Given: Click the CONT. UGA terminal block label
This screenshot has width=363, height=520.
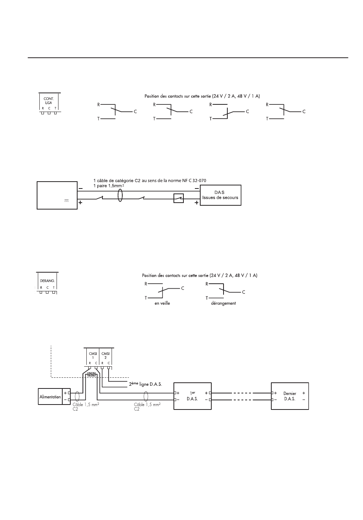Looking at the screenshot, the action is pyautogui.click(x=49, y=101).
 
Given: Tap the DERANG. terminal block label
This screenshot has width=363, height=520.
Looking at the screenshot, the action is pyautogui.click(x=47, y=281).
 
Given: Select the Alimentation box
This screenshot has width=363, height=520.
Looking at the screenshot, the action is pyautogui.click(x=50, y=396).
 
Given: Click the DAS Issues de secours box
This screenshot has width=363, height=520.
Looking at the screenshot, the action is pyautogui.click(x=220, y=195).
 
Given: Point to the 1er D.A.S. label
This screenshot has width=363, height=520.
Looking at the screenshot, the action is pyautogui.click(x=192, y=396).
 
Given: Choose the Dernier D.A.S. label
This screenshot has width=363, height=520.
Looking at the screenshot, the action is pyautogui.click(x=290, y=396).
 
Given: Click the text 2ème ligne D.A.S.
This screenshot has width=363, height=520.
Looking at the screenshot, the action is pyautogui.click(x=146, y=384).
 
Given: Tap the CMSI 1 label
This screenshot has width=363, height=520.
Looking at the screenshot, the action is pyautogui.click(x=93, y=356).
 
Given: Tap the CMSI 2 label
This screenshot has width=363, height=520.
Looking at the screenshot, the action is pyautogui.click(x=105, y=356).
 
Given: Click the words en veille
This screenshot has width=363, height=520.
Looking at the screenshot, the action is pyautogui.click(x=162, y=303).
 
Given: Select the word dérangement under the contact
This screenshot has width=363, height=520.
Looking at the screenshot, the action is pyautogui.click(x=224, y=303).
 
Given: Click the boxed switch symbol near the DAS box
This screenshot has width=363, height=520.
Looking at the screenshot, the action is pyautogui.click(x=178, y=198).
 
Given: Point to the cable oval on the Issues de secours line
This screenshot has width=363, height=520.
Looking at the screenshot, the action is pyautogui.click(x=120, y=195).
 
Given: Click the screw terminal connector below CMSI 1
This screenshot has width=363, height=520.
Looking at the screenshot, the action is pyautogui.click(x=91, y=374).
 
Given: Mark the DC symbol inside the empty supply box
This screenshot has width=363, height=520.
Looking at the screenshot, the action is pyautogui.click(x=66, y=201).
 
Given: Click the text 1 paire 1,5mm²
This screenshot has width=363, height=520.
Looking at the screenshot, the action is pyautogui.click(x=109, y=186).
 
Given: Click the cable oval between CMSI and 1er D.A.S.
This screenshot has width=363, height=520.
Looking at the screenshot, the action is pyautogui.click(x=146, y=396).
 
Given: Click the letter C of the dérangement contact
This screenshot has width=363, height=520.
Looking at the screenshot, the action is pyautogui.click(x=243, y=292).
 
